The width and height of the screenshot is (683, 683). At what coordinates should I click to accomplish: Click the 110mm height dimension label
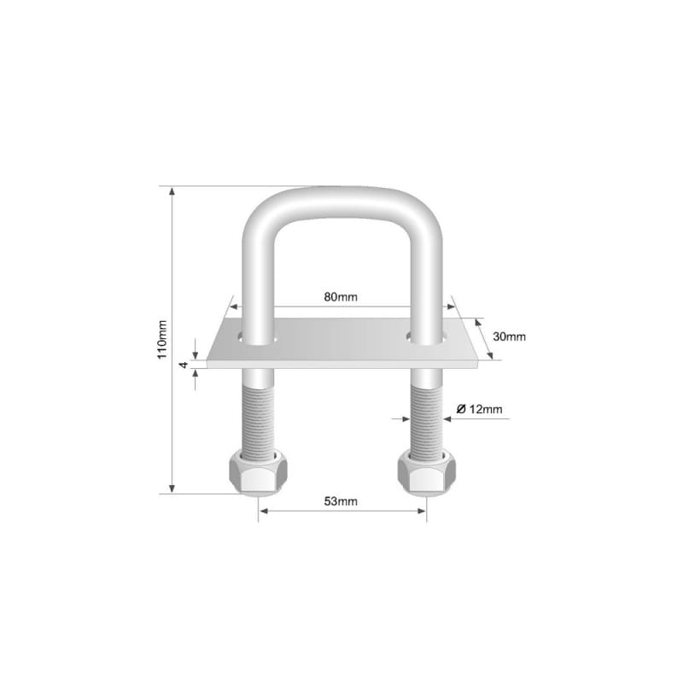pos(161,340)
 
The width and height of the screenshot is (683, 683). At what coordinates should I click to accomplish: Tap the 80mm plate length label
pos(341,297)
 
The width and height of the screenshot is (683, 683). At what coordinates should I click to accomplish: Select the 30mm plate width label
pos(509,336)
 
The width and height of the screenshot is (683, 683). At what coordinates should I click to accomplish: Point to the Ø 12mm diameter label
pos(479,409)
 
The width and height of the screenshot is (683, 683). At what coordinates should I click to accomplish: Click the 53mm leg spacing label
pos(341,501)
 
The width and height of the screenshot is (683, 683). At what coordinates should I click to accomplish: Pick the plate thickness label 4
pos(184,365)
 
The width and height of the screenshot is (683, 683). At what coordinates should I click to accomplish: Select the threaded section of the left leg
pos(258,420)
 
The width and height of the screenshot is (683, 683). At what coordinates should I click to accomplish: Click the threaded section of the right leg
pos(427,420)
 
